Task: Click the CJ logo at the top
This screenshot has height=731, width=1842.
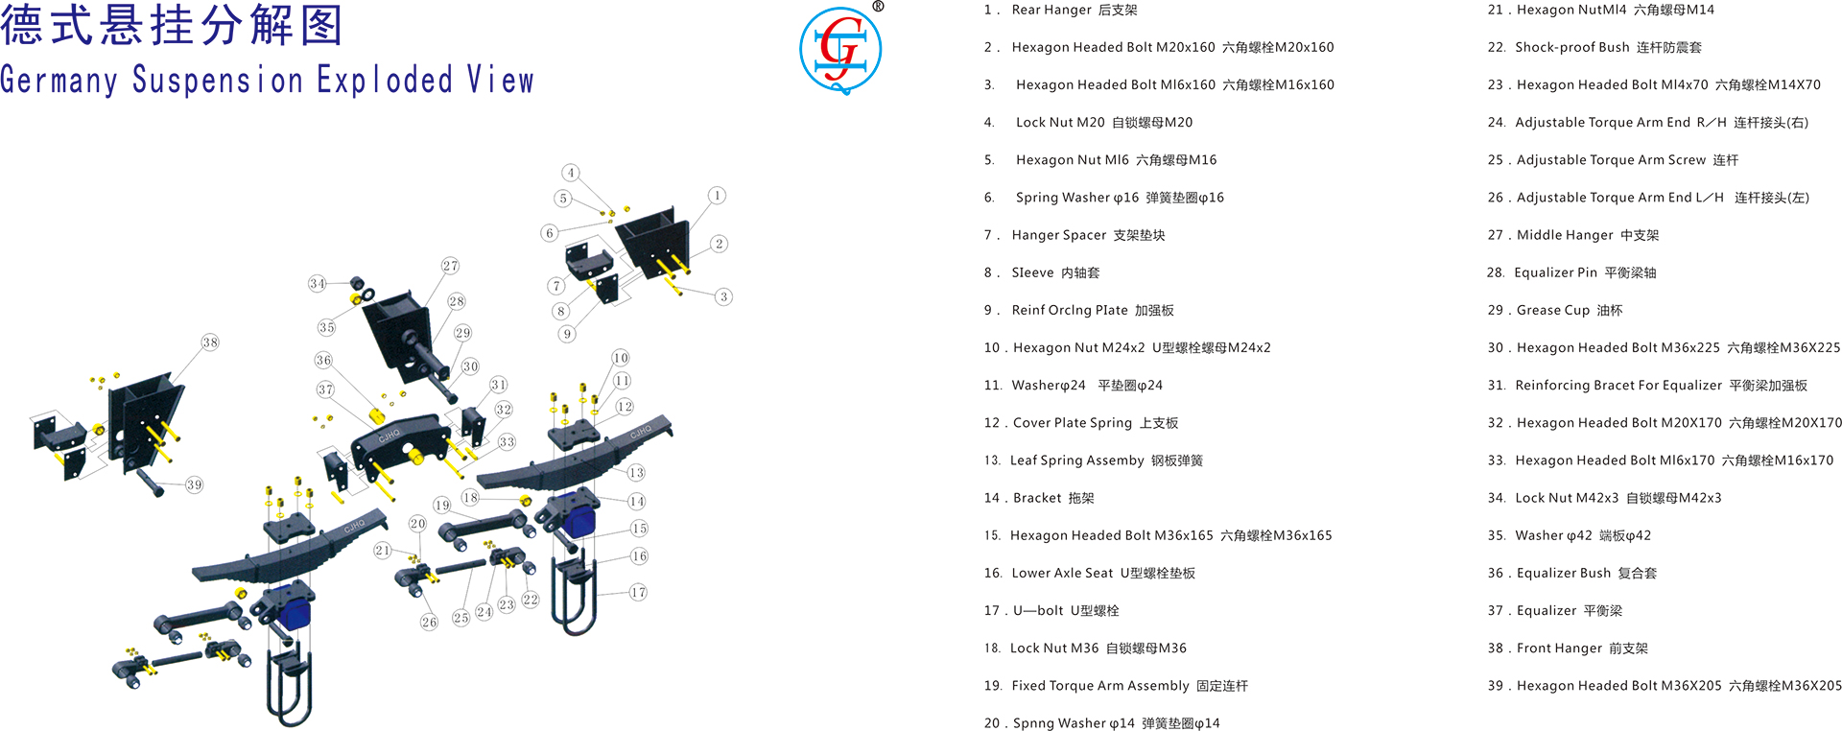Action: pyautogui.click(x=840, y=51)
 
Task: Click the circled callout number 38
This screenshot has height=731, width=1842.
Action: pyautogui.click(x=210, y=342)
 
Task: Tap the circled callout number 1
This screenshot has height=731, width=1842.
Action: pyautogui.click(x=717, y=196)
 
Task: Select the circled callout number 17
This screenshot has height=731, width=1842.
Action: pyautogui.click(x=638, y=592)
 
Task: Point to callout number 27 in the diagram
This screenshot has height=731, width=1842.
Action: pyautogui.click(x=450, y=266)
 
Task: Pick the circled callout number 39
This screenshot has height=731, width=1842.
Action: pyautogui.click(x=195, y=484)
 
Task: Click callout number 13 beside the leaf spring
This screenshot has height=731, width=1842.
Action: pyautogui.click(x=636, y=473)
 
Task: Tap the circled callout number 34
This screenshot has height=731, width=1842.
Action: pyautogui.click(x=318, y=283)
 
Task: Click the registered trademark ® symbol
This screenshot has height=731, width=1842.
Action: pyautogui.click(x=878, y=7)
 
